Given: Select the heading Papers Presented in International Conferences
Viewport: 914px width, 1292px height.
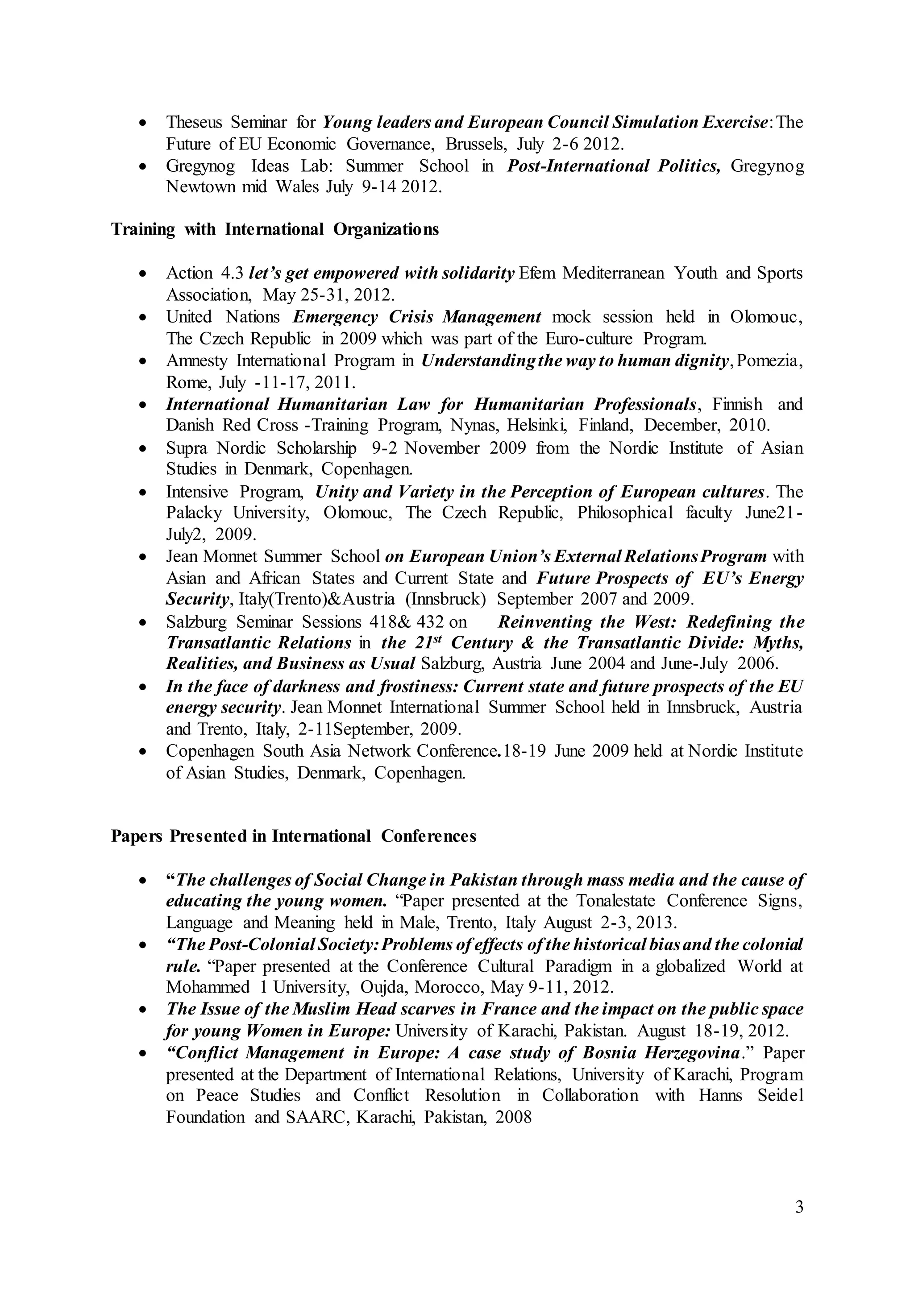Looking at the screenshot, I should click(x=293, y=836).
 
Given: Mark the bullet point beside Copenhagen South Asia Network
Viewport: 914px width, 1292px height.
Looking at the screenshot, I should click(x=144, y=751).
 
